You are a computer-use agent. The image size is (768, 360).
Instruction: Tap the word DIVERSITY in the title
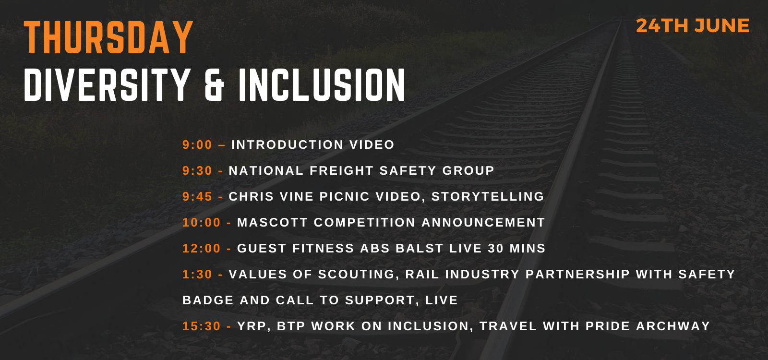107,84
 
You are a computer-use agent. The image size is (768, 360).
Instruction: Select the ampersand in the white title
214,84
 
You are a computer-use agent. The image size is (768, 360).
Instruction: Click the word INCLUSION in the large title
322,84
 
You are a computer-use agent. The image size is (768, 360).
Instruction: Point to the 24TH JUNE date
693,26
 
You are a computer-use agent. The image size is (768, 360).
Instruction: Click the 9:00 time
197,144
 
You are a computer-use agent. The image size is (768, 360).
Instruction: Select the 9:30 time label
197,170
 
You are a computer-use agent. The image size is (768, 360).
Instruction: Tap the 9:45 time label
197,196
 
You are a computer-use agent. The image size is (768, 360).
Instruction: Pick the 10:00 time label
201,223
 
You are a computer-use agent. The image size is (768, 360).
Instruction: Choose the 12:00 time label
201,248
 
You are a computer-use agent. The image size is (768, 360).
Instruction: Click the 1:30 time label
197,274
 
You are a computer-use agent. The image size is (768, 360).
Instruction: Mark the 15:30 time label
201,326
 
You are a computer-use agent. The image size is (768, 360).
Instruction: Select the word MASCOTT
273,223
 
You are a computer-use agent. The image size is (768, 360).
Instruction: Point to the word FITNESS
323,248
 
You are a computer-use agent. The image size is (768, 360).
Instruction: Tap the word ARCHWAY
673,326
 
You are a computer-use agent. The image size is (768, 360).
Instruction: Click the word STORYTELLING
488,196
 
